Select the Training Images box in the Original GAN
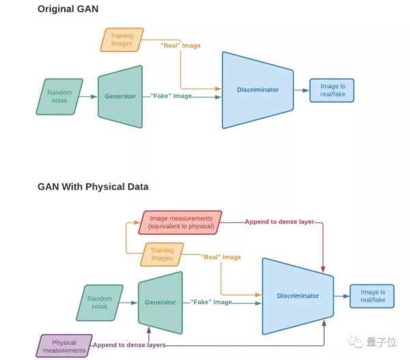point(122,39)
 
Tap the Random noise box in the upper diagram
point(59,96)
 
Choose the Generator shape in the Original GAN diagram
point(120,96)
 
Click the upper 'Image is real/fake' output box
point(332,90)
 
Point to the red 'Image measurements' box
point(180,222)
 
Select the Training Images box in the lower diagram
point(161,254)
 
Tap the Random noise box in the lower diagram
point(100,302)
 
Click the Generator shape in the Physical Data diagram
point(160,301)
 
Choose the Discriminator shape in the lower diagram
point(297,296)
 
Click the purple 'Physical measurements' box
point(64,346)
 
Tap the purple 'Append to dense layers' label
point(128,346)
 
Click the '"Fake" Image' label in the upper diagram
point(172,96)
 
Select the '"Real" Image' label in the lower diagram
point(221,257)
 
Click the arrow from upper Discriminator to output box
point(301,90)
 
